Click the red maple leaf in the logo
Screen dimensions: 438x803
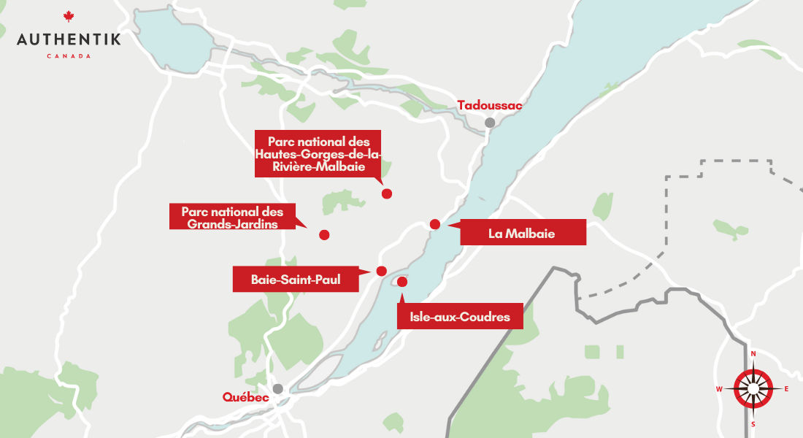[x=69, y=17]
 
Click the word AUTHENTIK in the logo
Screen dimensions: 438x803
[x=69, y=39]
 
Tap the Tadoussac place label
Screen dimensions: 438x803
[x=490, y=106]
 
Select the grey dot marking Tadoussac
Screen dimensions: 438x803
[x=490, y=123]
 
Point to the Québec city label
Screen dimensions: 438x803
[x=246, y=398]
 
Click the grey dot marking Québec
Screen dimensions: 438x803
[x=277, y=389]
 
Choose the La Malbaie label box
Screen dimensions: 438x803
[x=522, y=234]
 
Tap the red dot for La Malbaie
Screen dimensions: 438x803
[x=434, y=224]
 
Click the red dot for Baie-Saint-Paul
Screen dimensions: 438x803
[x=381, y=271]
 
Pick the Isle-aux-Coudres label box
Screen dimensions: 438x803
[x=460, y=317]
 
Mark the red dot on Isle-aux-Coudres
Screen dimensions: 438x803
[x=401, y=281]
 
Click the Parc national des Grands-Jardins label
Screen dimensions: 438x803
[x=232, y=217]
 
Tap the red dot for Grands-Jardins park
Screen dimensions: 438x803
[x=324, y=234]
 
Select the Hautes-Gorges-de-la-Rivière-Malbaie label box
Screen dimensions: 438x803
[x=318, y=153]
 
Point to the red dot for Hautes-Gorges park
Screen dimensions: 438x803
[x=387, y=193]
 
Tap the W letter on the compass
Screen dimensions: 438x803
[x=719, y=389]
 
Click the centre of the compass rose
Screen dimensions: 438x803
[x=753, y=388]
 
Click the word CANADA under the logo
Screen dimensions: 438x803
[x=69, y=56]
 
